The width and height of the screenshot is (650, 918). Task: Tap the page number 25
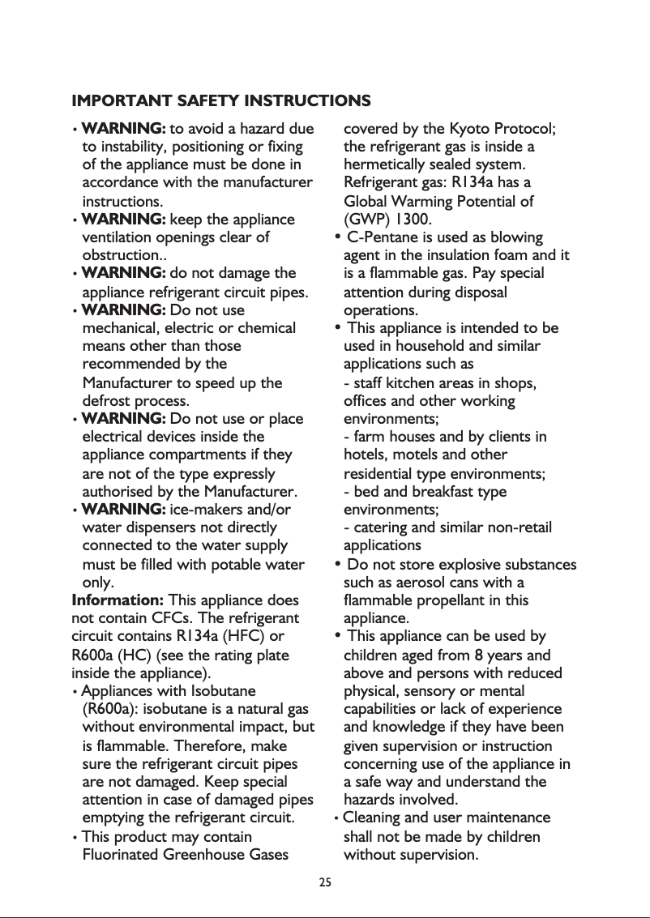325,882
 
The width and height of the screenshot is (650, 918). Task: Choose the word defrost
106,400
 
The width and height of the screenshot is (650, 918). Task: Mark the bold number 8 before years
480,655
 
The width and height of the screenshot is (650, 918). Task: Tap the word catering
380,527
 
